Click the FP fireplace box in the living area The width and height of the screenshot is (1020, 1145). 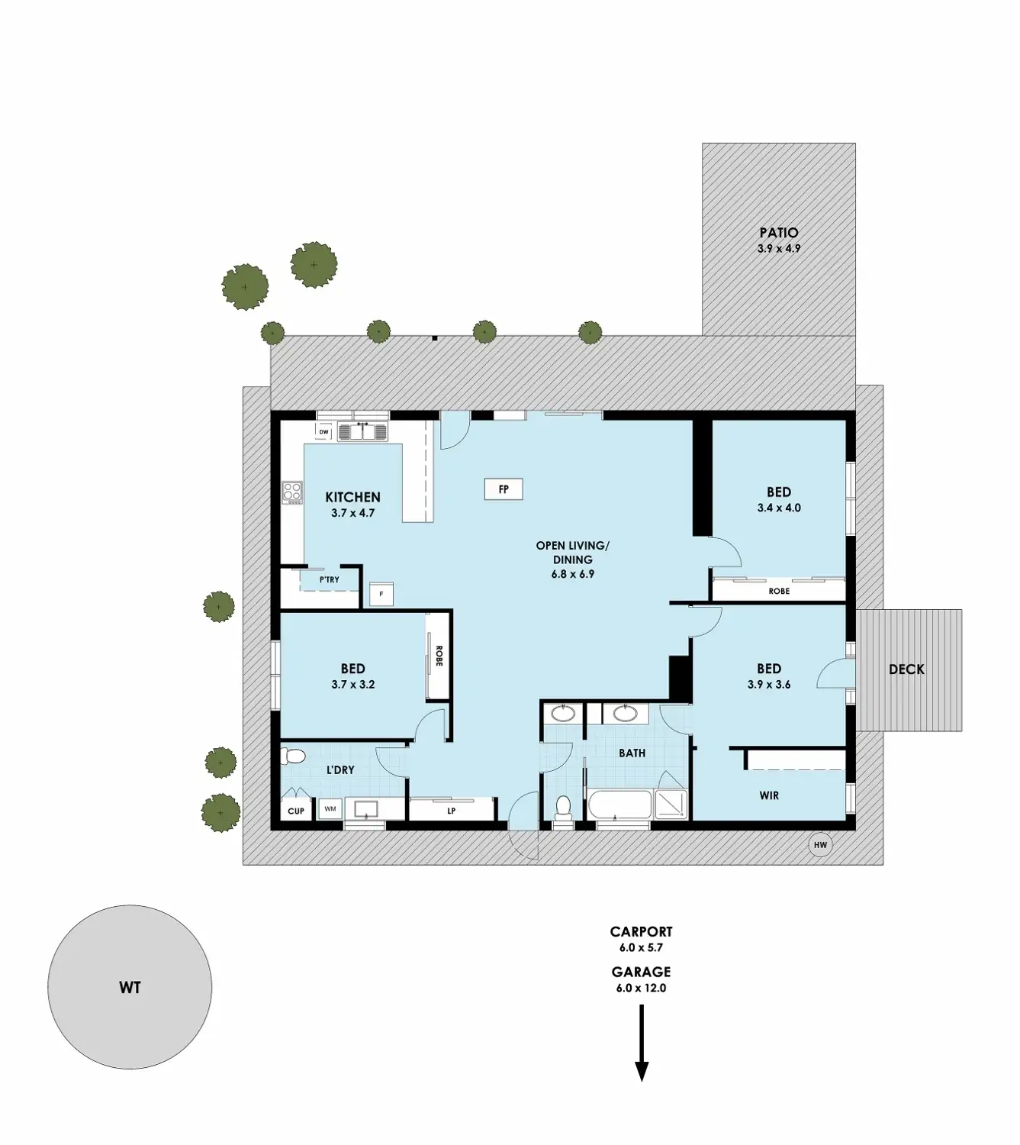pyautogui.click(x=504, y=489)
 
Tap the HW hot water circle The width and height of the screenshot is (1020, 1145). pyautogui.click(x=820, y=845)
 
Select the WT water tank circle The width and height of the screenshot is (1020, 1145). pyautogui.click(x=130, y=987)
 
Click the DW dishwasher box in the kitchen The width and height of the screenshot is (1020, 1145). pyautogui.click(x=324, y=432)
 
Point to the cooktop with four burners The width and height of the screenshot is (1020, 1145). pyautogui.click(x=292, y=492)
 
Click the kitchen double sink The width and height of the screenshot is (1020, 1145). pyautogui.click(x=363, y=432)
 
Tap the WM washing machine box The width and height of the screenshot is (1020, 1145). pyautogui.click(x=330, y=808)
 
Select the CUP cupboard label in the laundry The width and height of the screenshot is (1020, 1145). pyautogui.click(x=296, y=811)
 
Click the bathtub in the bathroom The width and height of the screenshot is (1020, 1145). pyautogui.click(x=619, y=805)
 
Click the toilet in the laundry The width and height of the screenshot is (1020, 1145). pyautogui.click(x=292, y=756)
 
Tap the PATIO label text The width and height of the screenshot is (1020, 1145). pyautogui.click(x=779, y=233)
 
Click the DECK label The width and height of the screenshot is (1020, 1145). pyautogui.click(x=906, y=669)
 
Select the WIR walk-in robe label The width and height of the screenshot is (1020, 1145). pyautogui.click(x=769, y=795)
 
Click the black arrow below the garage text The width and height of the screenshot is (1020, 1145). pyautogui.click(x=642, y=1043)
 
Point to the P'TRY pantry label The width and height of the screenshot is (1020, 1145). pyautogui.click(x=330, y=580)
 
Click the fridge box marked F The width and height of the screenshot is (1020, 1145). pyautogui.click(x=381, y=594)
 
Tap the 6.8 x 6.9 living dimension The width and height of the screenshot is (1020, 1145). pyautogui.click(x=572, y=574)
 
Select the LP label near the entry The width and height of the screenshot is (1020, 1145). pyautogui.click(x=452, y=811)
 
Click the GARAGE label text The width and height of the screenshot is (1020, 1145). pyautogui.click(x=641, y=972)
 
